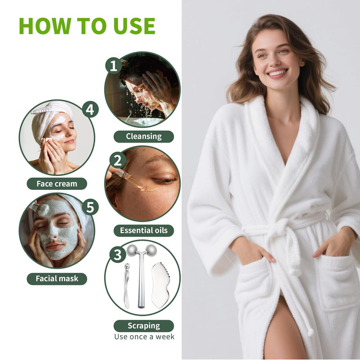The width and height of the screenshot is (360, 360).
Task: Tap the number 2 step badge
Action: pos(117,160)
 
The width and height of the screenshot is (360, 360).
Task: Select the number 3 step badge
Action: pos(117,255)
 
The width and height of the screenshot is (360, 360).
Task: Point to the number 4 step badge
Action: pos(90,109)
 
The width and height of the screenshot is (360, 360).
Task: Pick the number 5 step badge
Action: pos(90,207)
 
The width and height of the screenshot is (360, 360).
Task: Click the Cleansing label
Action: pos(144,136)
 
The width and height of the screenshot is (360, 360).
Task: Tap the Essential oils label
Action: pos(144,231)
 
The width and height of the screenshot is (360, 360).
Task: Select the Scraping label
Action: pos(144,326)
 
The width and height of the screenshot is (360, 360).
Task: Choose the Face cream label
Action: pos(57,184)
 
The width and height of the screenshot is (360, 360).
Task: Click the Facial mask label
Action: pos(57,279)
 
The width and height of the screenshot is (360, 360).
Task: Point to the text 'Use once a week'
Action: pos(144,337)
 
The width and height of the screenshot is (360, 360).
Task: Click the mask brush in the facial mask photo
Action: pos(41,209)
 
